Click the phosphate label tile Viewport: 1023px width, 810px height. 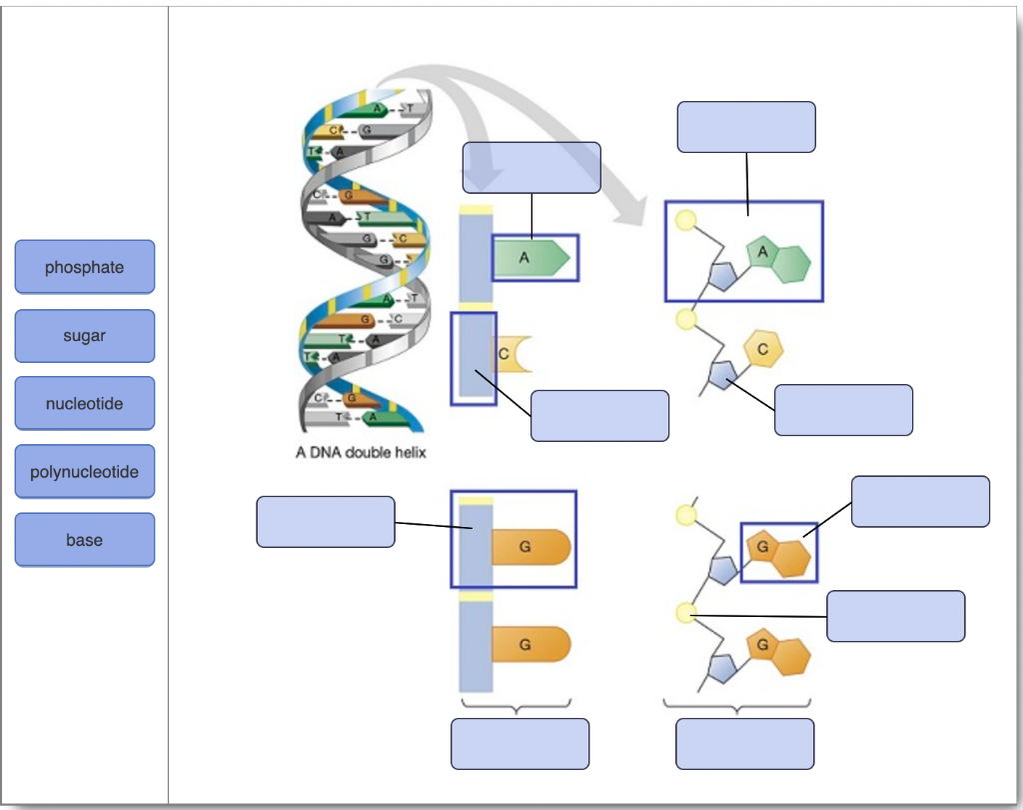pyautogui.click(x=85, y=267)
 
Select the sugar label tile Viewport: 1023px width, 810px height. pyautogui.click(x=85, y=336)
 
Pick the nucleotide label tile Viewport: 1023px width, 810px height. pyautogui.click(x=85, y=404)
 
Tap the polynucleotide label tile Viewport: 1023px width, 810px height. pyautogui.click(x=85, y=472)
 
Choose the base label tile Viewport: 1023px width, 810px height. pyautogui.click(x=85, y=540)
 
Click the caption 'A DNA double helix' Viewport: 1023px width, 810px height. pyautogui.click(x=361, y=453)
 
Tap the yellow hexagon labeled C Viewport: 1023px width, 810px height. pyautogui.click(x=763, y=349)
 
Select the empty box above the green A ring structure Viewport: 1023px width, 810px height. pyautogui.click(x=745, y=127)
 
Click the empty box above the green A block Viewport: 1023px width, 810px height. pyautogui.click(x=531, y=167)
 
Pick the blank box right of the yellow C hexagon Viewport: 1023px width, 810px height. pyautogui.click(x=843, y=410)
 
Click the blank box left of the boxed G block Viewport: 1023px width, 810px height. pyautogui.click(x=326, y=522)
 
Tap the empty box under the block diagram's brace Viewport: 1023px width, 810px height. pyautogui.click(x=519, y=744)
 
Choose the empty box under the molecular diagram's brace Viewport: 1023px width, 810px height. pyautogui.click(x=744, y=744)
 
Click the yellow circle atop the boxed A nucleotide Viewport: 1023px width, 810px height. pyautogui.click(x=685, y=221)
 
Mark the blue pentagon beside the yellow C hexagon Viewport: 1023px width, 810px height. pyautogui.click(x=721, y=375)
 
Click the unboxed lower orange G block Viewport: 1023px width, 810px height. pyautogui.click(x=529, y=645)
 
